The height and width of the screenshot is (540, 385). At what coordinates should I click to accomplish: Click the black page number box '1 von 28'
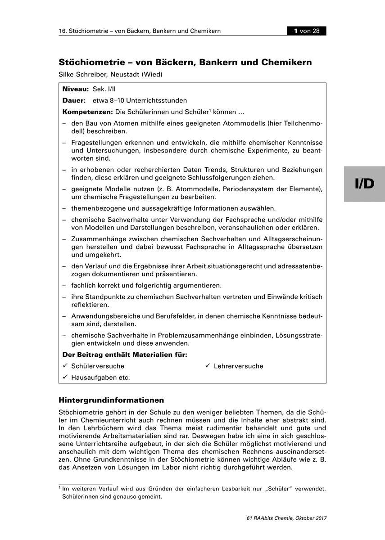point(307,31)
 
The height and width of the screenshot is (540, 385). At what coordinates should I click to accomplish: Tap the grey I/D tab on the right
point(364,184)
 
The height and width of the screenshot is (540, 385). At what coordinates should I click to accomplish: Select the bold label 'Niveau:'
point(75,90)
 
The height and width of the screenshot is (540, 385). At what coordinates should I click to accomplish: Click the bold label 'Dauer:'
point(74,100)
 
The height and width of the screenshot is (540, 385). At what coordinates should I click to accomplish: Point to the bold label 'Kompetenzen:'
point(87,111)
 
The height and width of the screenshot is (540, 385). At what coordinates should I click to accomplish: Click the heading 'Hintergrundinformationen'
point(111,400)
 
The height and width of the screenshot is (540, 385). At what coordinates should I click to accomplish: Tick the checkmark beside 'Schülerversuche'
point(65,366)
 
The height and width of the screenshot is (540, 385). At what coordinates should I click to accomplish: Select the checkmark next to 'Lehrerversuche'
point(208,366)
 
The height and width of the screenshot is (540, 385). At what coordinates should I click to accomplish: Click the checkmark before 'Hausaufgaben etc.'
point(65,377)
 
